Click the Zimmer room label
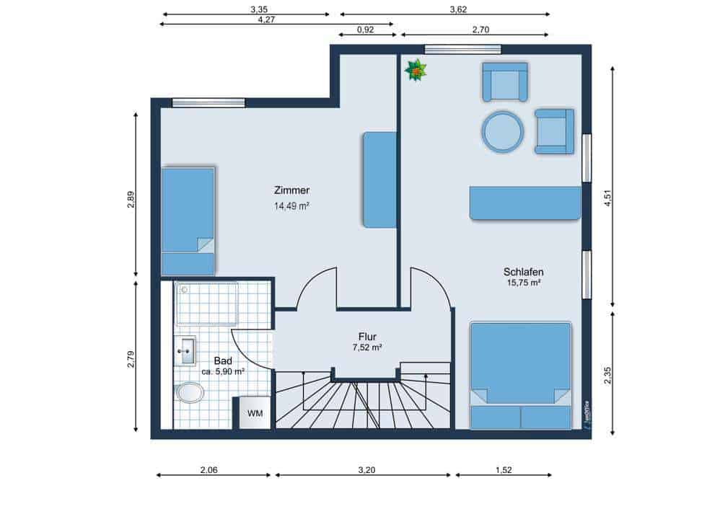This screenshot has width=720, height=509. click(x=291, y=190)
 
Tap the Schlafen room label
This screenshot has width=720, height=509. click(x=524, y=272)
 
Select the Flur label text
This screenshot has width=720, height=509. click(x=367, y=337)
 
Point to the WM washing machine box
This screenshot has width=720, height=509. click(x=254, y=412)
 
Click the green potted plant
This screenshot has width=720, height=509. click(x=416, y=71)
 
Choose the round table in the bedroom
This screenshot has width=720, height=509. click(x=503, y=132)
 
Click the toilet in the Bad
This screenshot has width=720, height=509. click(x=189, y=392)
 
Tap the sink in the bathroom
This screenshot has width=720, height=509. click(x=185, y=350)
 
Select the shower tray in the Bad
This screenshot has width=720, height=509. click(x=207, y=304)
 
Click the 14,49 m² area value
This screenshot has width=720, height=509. click(x=291, y=206)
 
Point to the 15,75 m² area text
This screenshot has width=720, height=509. click(x=524, y=283)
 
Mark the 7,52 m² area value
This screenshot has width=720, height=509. click(x=367, y=348)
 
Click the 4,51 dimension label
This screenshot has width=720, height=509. click(x=608, y=198)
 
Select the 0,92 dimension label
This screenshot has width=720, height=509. click(x=366, y=30)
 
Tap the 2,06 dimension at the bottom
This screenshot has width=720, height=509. click(x=209, y=470)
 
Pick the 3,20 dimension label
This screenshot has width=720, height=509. click(x=367, y=470)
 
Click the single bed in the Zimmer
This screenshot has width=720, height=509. click(x=188, y=221)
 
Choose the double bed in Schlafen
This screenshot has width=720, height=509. click(x=521, y=376)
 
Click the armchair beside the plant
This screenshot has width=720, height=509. click(x=504, y=81)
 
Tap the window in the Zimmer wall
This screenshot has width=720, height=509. click(x=208, y=103)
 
